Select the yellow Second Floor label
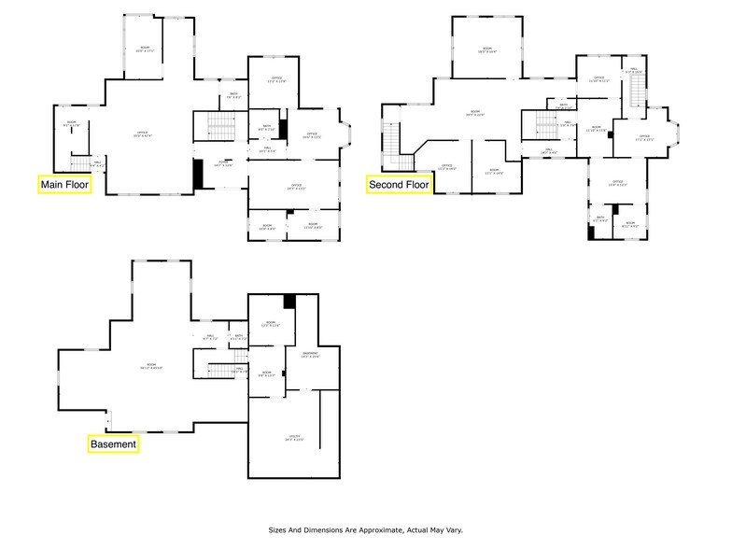399,185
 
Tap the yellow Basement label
114,444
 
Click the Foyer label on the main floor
222,163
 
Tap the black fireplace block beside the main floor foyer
197,175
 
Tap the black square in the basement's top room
289,302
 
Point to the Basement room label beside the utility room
310,355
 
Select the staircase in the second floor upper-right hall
637,91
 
